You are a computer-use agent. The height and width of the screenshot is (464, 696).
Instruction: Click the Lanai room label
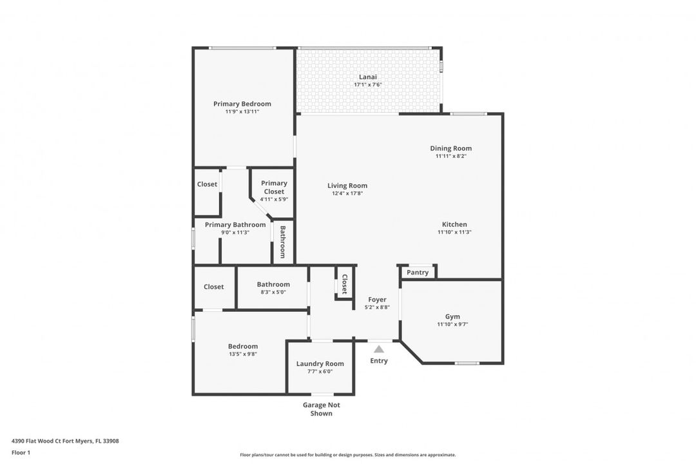[367, 77]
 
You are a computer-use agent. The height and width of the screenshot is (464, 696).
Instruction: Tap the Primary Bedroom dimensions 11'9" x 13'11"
[242, 111]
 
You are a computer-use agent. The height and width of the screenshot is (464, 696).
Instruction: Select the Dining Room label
[450, 148]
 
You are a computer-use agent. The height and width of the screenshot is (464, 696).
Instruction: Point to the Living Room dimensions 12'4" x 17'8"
[347, 193]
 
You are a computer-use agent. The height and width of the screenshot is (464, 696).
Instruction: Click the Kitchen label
[454, 224]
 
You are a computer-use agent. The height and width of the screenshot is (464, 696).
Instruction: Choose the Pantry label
[417, 272]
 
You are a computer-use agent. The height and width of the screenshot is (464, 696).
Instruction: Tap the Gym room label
[452, 316]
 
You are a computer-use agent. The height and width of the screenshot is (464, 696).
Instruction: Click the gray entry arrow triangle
[379, 349]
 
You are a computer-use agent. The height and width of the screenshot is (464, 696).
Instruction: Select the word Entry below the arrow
[379, 360]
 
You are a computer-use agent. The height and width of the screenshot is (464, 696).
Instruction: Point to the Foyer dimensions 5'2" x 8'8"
[377, 307]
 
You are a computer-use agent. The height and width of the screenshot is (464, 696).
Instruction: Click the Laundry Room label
[320, 363]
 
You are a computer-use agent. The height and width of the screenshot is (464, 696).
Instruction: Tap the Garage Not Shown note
[322, 409]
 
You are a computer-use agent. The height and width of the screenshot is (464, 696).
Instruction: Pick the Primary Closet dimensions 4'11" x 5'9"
[274, 199]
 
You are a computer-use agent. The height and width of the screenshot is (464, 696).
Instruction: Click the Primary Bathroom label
[235, 225]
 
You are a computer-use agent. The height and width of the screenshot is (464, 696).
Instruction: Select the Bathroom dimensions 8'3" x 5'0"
[273, 292]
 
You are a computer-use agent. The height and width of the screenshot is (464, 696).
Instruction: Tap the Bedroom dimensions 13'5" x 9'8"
[243, 354]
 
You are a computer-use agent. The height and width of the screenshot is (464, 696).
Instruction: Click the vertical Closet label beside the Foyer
[344, 284]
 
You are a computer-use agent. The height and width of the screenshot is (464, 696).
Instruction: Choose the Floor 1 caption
[21, 453]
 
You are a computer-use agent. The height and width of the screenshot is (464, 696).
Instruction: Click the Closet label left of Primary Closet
[207, 184]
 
